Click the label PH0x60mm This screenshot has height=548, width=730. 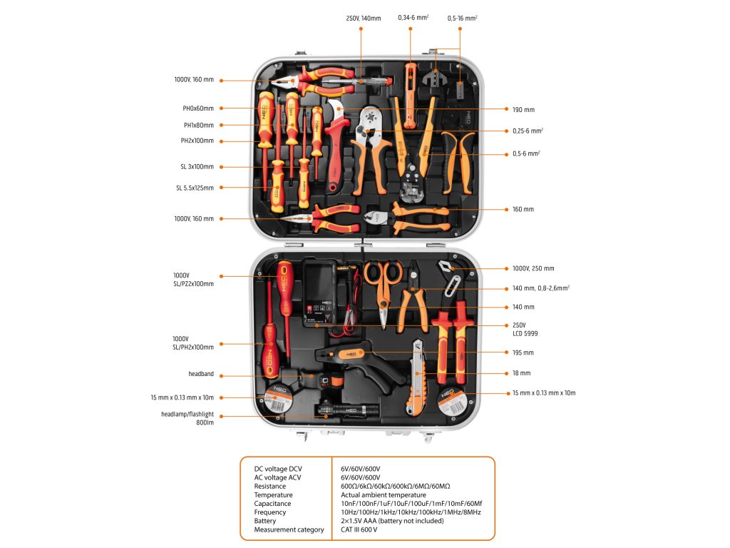coord(198,108)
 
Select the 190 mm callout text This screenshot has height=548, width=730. coord(523,110)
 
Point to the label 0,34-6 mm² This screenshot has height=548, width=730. coord(413,18)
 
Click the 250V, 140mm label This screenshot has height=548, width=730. coord(364,18)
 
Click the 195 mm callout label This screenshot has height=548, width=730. coord(523,352)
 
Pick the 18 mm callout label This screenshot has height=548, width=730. coord(521,373)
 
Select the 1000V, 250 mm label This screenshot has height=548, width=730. coord(533,268)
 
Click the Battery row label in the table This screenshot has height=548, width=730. coord(265,521)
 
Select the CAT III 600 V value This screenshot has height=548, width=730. coord(359,529)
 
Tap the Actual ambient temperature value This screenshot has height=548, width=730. coord(384,495)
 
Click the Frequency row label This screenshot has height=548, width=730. coord(270,512)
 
